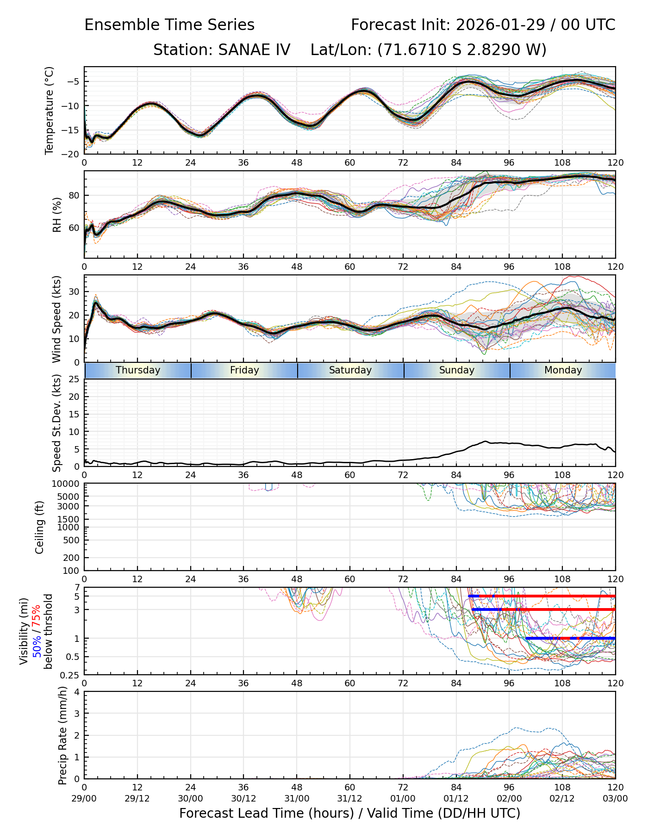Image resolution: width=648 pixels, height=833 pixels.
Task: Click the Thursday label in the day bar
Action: coord(138,370)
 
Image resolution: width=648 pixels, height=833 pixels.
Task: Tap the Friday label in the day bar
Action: coord(244,370)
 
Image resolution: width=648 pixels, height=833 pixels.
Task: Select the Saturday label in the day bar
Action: coord(350,370)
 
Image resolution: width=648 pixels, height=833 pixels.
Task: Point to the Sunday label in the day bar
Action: coord(457,370)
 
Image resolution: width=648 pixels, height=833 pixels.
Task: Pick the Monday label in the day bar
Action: coord(563,370)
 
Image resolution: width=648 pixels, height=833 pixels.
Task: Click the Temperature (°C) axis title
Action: coord(50,110)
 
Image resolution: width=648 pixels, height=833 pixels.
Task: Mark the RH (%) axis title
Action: coord(57,215)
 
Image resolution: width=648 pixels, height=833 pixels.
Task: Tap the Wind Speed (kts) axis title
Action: coord(57,319)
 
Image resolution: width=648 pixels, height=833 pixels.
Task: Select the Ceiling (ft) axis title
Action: coord(40,527)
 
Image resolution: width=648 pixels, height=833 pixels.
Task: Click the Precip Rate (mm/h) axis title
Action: coord(63,735)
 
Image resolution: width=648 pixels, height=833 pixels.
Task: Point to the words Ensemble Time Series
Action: coord(169,25)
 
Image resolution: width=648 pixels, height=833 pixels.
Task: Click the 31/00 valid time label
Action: coord(297,798)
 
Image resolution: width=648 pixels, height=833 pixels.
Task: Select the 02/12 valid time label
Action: coord(562,798)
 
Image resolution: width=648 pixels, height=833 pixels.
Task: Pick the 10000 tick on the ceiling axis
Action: coord(69,484)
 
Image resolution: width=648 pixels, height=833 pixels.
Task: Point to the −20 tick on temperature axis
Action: coord(72,154)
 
